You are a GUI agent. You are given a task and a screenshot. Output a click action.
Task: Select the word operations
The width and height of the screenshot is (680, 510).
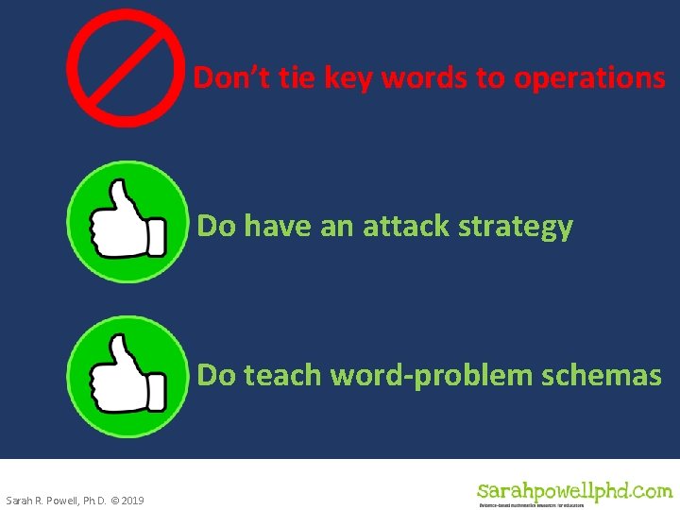(589, 79)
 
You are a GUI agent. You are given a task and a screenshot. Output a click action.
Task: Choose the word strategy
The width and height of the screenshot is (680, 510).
(516, 228)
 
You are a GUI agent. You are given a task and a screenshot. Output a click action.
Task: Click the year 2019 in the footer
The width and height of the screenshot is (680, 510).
(133, 500)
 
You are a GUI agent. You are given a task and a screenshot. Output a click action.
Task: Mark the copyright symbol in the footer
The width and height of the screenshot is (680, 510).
(113, 500)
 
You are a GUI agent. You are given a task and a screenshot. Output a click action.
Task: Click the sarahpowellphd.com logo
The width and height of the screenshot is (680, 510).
(574, 492)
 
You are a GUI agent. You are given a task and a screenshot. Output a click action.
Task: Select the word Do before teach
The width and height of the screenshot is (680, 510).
(216, 375)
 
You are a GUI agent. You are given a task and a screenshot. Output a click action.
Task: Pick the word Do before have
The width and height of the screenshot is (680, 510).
(216, 227)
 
